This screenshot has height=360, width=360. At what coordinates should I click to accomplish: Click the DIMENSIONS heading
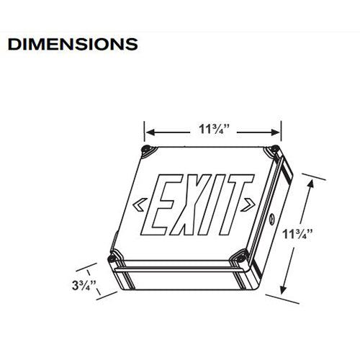pyautogui.click(x=72, y=43)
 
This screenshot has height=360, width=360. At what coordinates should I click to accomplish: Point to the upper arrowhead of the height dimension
pyautogui.click(x=311, y=183)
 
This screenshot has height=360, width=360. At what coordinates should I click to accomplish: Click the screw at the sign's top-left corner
pyautogui.click(x=147, y=150)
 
